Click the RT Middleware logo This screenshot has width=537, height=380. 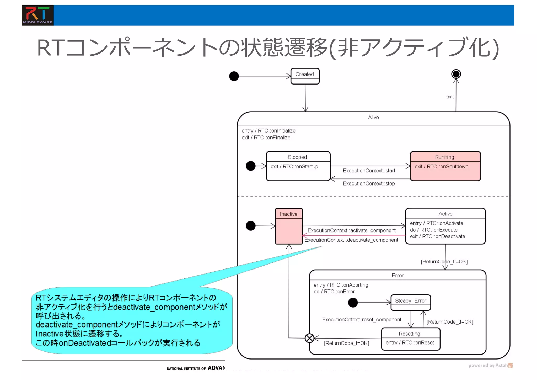click(x=37, y=15)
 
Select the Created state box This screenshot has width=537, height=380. click(x=305, y=76)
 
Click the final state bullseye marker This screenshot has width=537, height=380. click(x=456, y=74)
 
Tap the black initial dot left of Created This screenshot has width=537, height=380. click(x=234, y=76)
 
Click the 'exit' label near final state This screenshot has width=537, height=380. click(x=450, y=97)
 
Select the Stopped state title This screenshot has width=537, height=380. click(x=297, y=157)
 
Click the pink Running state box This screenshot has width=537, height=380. click(x=445, y=166)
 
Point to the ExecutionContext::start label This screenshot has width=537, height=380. click(x=369, y=171)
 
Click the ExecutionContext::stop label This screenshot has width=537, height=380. click(x=368, y=184)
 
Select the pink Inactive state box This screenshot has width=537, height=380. click(x=289, y=226)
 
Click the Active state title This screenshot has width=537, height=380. click(x=445, y=214)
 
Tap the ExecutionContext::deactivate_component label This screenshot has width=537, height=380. click(x=351, y=240)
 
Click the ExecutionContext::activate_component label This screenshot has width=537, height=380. click(x=351, y=230)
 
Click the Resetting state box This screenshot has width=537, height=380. click(x=410, y=339)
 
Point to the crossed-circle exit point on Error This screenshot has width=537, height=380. click(x=309, y=338)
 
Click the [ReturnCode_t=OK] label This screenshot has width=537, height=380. click(x=346, y=343)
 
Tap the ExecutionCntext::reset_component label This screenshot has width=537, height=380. click(x=361, y=320)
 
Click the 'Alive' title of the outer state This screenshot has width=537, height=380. click(x=373, y=117)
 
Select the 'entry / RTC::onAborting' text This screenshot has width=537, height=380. click(x=341, y=285)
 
